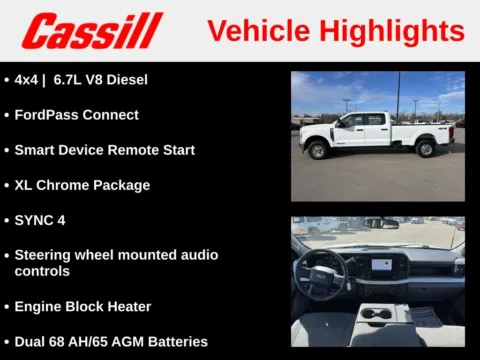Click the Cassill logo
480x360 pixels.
click(x=92, y=31)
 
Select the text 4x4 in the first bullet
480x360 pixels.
click(x=27, y=79)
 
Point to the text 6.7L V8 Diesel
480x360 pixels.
click(x=99, y=79)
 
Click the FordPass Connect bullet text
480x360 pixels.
click(x=76, y=115)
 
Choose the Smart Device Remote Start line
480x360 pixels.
click(x=104, y=150)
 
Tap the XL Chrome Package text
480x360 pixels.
click(x=82, y=185)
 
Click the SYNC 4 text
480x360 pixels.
click(x=40, y=220)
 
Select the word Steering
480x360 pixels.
click(x=45, y=255)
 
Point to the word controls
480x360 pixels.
click(x=42, y=271)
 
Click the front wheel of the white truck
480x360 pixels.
click(x=319, y=150)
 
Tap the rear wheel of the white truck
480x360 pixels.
click(x=426, y=149)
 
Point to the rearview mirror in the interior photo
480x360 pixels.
click(x=381, y=223)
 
